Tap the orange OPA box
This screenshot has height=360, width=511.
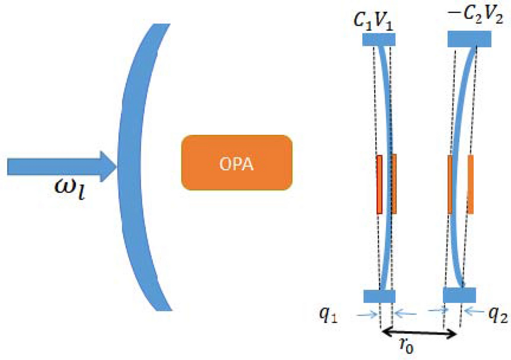point(237,162)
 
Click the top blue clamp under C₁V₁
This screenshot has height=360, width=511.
point(379,39)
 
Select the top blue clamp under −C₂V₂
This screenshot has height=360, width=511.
point(469,39)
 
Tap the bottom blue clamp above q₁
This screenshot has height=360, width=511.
point(379,296)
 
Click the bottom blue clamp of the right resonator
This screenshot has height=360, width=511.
point(460,295)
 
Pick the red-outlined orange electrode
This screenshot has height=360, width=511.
point(379,184)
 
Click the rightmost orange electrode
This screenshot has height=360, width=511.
point(470,184)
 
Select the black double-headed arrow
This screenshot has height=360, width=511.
point(419,331)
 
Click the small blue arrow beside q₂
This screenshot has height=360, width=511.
point(473,310)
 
